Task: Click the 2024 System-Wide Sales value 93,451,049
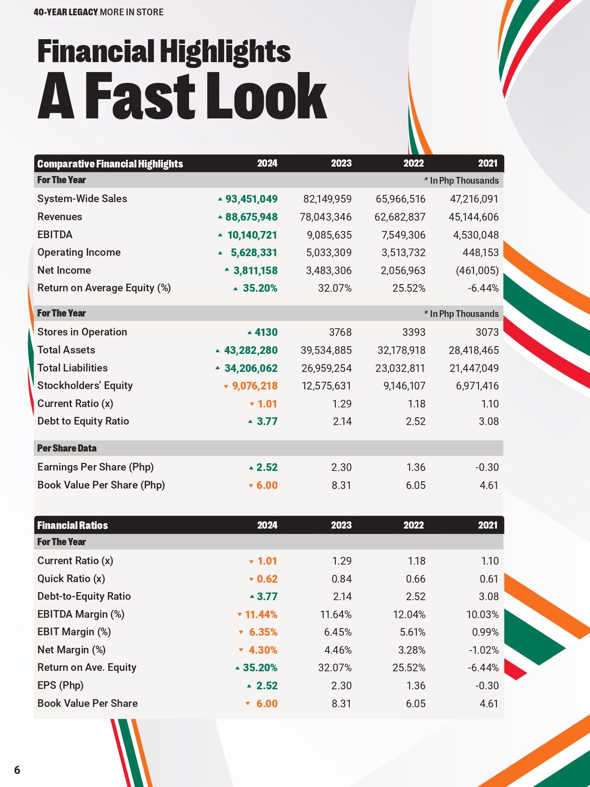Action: [251, 199]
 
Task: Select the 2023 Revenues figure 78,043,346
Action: [326, 217]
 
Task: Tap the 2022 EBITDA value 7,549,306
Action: [403, 235]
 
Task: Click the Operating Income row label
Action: [79, 253]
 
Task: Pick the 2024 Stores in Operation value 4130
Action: [266, 332]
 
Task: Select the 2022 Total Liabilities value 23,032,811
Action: [400, 368]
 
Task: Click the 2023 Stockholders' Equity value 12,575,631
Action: [326, 386]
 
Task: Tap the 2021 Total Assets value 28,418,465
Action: [474, 350]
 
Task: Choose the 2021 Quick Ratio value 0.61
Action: [489, 579]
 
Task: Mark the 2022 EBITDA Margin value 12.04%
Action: [409, 615]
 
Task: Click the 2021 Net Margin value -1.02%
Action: [483, 650]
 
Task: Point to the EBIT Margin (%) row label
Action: [74, 632]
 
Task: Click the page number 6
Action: [17, 770]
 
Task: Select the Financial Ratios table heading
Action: [72, 525]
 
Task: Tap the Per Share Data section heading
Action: [67, 448]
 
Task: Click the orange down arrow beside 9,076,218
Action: [226, 387]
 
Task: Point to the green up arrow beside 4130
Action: [250, 333]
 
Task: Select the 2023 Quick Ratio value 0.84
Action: [342, 579]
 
